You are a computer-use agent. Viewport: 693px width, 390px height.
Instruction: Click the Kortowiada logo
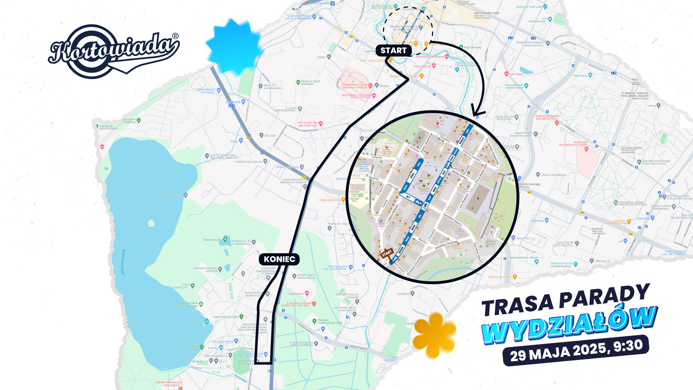pos(113,51)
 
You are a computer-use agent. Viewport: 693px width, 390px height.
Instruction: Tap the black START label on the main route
pos(393,51)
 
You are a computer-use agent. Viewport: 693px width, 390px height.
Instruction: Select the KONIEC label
pos(279,259)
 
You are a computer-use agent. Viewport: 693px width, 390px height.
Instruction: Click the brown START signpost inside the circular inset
pos(387,253)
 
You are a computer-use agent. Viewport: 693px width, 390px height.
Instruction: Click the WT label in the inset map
pos(408,197)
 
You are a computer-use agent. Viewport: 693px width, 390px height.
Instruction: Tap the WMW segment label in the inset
pos(401,250)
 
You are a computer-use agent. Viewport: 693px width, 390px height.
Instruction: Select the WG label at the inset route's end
pos(467,131)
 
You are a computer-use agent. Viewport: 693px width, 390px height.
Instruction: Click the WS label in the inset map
pos(419,164)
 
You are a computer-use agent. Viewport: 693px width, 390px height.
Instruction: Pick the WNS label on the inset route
pos(413,227)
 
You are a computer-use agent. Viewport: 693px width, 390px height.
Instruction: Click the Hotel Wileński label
pos(422,66)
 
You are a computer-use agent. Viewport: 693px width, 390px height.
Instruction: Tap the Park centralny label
pos(472,47)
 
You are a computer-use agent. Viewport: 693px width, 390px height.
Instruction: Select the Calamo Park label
pos(296,294)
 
